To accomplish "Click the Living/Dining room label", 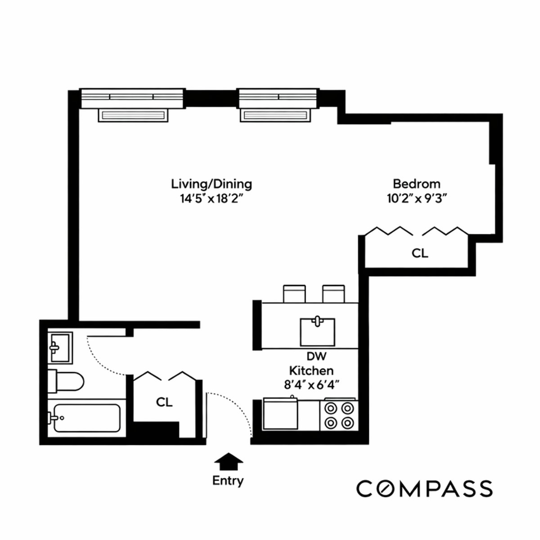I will click(x=211, y=184).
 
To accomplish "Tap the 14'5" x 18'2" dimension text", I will click(x=211, y=198).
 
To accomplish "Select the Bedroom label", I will click(x=416, y=184).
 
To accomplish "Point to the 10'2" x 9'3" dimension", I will click(x=416, y=198).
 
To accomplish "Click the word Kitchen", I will click(x=311, y=370).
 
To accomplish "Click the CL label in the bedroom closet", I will click(x=420, y=253).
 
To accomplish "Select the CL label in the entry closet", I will click(x=164, y=402).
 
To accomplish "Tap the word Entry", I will click(x=228, y=481).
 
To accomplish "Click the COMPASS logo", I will click(x=424, y=488).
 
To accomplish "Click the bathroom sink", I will click(x=60, y=347).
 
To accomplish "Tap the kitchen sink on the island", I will click(x=318, y=332).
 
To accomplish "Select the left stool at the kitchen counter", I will click(x=295, y=293).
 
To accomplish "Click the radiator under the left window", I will click(x=133, y=115).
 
